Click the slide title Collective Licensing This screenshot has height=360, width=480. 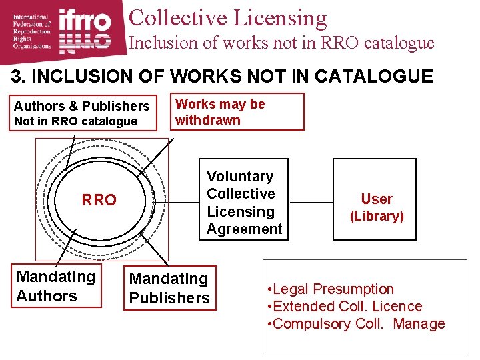[227, 18]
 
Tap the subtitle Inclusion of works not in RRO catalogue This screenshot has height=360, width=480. [281, 43]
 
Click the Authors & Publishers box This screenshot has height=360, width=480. [83, 112]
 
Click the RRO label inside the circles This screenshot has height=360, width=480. [99, 200]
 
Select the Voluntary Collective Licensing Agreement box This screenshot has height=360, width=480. [244, 202]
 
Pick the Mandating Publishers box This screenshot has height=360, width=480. [169, 288]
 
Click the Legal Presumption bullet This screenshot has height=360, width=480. [330, 289]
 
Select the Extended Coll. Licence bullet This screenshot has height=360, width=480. [344, 307]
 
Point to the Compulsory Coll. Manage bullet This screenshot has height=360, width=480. [355, 324]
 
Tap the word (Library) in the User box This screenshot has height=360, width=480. [377, 216]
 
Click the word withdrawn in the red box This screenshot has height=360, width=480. [207, 121]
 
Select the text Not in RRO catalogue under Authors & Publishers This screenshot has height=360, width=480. [75, 121]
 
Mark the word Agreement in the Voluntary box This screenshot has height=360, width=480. [244, 229]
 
